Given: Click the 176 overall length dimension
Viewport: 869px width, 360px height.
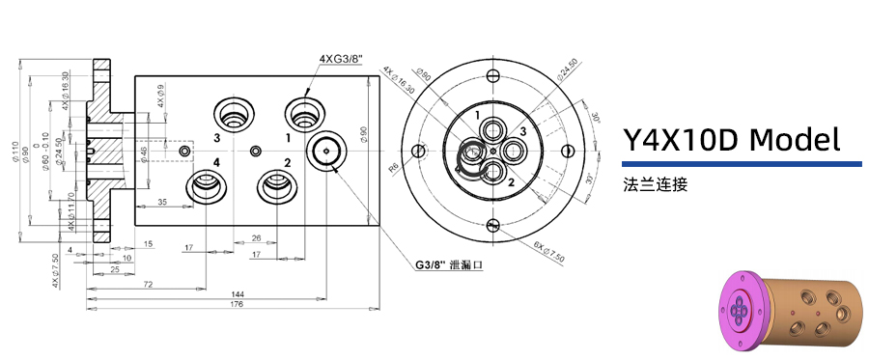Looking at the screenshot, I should pyautogui.click(x=236, y=305).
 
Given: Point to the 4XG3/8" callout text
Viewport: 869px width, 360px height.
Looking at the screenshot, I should pyautogui.click(x=339, y=59).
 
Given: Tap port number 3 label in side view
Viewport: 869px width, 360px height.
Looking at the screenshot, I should pyautogui.click(x=217, y=138).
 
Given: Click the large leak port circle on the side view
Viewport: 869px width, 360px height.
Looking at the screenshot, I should pyautogui.click(x=328, y=151).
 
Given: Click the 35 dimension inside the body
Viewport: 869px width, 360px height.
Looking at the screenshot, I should pyautogui.click(x=161, y=202).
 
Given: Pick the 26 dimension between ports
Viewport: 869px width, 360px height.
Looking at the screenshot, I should pyautogui.click(x=256, y=237).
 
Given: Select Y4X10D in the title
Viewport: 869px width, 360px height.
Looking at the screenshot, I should pyautogui.click(x=681, y=141).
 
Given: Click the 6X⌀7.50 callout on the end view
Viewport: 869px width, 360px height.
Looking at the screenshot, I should pyautogui.click(x=549, y=254).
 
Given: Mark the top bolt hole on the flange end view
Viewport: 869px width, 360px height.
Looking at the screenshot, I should pyautogui.click(x=493, y=75).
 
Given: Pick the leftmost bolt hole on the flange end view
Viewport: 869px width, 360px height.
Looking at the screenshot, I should pyautogui.click(x=420, y=151).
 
